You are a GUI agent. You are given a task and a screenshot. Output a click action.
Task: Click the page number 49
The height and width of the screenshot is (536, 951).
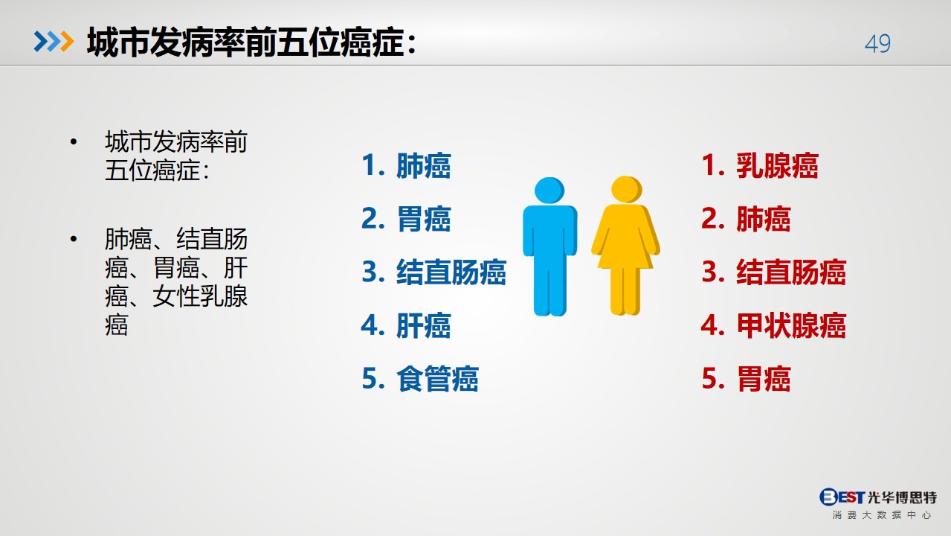point(877,44)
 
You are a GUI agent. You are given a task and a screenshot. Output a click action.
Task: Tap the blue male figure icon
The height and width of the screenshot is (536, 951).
point(549,246)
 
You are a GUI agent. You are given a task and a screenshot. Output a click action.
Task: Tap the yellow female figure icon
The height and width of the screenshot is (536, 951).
point(625,246)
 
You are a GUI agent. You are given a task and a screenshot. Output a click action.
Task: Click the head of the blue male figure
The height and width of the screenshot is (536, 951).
point(549,191)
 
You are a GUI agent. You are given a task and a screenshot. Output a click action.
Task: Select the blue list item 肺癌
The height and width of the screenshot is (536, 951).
point(423,165)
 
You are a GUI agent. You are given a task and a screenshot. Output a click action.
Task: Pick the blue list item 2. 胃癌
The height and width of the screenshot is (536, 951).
point(406,219)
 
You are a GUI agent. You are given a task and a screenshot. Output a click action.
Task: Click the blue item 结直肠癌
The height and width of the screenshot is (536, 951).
point(451,272)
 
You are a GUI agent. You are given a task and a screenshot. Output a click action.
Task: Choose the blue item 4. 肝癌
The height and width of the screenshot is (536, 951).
point(406,325)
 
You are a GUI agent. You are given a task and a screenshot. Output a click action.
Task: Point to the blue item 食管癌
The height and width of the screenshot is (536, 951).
point(437,378)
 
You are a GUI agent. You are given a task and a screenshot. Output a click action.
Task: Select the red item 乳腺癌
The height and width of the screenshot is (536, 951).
point(777,165)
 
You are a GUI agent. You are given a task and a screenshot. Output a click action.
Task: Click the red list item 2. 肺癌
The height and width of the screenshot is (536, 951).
point(746,219)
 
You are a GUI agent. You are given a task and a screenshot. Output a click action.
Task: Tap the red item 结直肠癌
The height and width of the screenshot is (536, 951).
point(791,272)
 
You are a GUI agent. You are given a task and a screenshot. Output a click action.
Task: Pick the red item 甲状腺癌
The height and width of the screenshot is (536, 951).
point(791,325)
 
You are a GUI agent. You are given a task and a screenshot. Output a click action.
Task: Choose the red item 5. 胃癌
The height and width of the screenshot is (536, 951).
point(746,378)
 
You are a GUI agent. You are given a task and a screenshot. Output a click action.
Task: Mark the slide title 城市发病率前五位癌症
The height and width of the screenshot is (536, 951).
point(245,42)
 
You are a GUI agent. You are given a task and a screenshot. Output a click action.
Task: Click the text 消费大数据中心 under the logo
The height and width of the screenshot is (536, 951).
point(882,515)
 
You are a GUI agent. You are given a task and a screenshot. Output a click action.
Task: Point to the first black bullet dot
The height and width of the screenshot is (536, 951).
point(74,141)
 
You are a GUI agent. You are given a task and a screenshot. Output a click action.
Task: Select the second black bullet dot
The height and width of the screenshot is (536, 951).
point(74,239)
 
